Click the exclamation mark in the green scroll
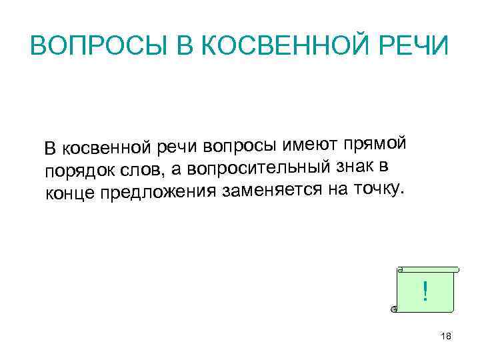pos(425,291)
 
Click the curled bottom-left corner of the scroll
pos(395,309)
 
